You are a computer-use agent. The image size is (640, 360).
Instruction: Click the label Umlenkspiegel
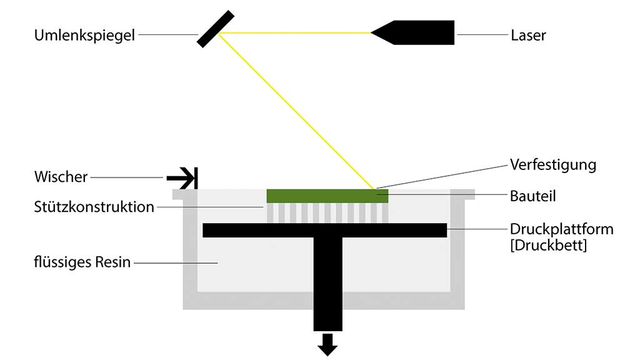tap(84, 35)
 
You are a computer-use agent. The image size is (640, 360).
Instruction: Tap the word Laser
tap(528, 35)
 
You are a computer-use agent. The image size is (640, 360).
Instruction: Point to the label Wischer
tap(61, 177)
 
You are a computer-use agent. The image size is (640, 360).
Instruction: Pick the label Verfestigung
tap(552, 164)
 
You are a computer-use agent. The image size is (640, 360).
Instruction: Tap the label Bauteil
tap(532, 196)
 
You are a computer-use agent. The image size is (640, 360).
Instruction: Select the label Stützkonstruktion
tap(94, 207)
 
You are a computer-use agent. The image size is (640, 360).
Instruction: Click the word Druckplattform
tap(561, 229)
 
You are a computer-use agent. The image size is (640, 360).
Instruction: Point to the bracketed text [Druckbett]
tap(548, 245)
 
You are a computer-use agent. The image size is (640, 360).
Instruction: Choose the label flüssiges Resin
tap(82, 262)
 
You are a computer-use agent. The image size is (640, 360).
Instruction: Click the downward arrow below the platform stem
tap(327, 344)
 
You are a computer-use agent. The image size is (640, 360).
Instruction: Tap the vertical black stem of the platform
tap(327, 281)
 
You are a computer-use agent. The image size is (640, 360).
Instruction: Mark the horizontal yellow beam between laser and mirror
tap(294, 32)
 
